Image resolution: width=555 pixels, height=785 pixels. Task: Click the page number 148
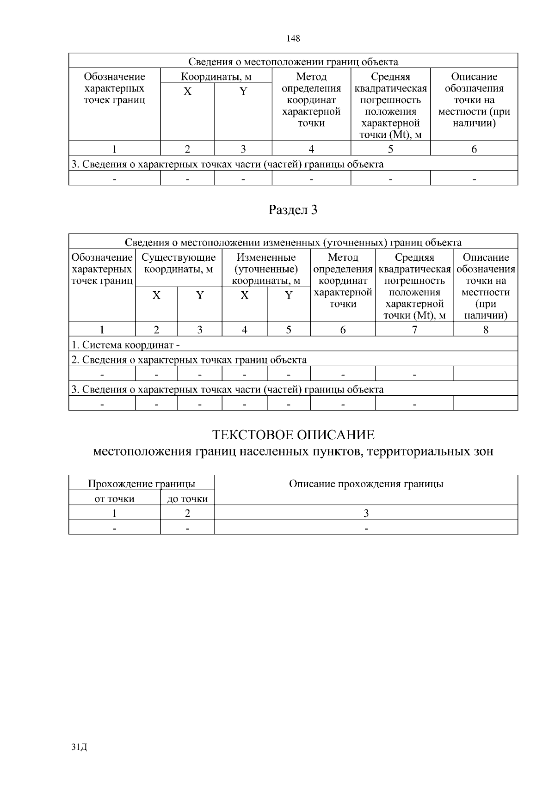point(293,38)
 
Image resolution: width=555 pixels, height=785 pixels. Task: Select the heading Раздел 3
point(293,210)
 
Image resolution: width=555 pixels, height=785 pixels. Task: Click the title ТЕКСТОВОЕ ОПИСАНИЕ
point(293,435)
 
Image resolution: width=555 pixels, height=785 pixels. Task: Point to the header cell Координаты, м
point(216,77)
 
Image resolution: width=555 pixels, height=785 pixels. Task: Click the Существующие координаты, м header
point(179,264)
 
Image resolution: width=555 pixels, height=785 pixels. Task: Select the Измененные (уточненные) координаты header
point(266,269)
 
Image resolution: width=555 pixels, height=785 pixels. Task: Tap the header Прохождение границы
point(142,484)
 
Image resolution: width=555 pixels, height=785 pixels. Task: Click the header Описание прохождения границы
point(366,484)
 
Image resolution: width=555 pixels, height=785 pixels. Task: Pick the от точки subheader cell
point(114,499)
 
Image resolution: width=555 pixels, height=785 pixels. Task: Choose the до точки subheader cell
point(187,499)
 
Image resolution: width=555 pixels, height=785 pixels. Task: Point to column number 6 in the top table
point(474,149)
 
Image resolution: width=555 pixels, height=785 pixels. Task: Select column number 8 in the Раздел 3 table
point(486,330)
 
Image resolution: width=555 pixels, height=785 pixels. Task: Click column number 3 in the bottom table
point(366,513)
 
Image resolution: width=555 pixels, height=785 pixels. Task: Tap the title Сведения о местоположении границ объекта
point(293,62)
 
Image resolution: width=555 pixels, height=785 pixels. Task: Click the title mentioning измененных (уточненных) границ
point(293,243)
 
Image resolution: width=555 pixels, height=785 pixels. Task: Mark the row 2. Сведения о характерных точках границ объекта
point(189,360)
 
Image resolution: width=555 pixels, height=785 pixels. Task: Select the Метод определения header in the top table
point(311,100)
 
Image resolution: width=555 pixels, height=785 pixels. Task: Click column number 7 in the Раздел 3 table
point(414,330)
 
